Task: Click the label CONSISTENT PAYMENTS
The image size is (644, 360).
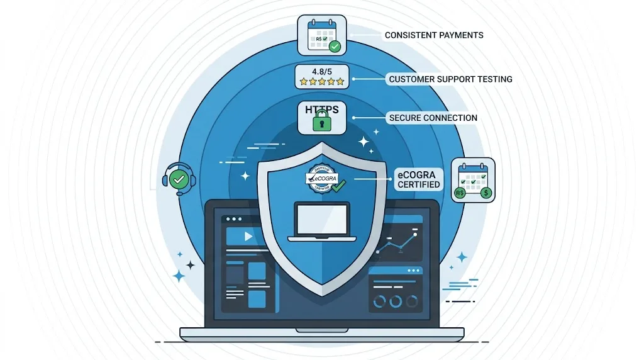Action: click(x=434, y=35)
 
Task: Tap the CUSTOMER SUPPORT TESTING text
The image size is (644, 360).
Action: click(x=450, y=79)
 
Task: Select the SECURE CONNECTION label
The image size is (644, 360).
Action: click(x=433, y=118)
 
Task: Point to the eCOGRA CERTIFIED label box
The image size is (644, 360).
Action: click(x=419, y=178)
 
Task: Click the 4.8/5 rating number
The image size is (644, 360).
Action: click(x=321, y=70)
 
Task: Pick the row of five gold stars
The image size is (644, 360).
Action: click(x=322, y=82)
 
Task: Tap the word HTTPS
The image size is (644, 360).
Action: click(x=322, y=110)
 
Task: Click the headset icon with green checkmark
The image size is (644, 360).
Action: click(x=178, y=179)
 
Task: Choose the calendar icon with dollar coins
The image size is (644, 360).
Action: click(x=473, y=180)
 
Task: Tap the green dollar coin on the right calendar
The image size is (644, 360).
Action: click(x=486, y=193)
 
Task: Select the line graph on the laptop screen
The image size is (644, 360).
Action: click(x=396, y=243)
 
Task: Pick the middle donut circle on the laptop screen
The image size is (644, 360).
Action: click(x=396, y=301)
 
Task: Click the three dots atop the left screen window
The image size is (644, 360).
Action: click(x=233, y=219)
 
